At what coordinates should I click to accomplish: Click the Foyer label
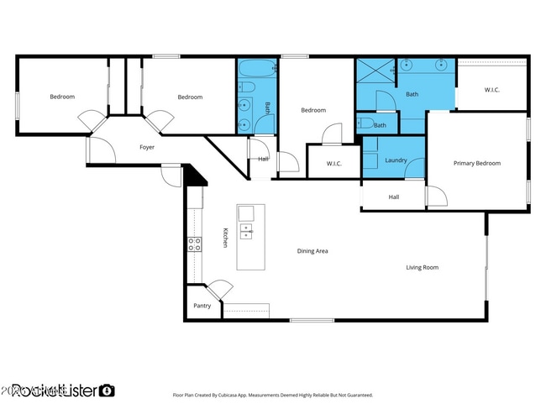[x=146, y=147]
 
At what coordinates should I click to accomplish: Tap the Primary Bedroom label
[x=476, y=163]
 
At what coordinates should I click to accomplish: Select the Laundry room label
[x=396, y=160]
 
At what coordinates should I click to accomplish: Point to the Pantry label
[x=202, y=306]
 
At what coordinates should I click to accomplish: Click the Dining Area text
[x=312, y=251]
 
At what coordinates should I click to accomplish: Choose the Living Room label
[x=422, y=268]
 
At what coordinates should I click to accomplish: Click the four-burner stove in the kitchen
[x=193, y=244]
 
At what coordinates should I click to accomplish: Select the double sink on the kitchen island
[x=246, y=230]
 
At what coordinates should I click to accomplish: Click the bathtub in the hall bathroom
[x=255, y=68]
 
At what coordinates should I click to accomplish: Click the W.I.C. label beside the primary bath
[x=492, y=89]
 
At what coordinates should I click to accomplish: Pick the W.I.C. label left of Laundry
[x=333, y=163]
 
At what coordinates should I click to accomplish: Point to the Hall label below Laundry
[x=393, y=197]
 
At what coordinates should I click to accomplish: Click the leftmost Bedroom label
[x=62, y=97]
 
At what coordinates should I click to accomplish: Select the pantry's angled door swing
[x=220, y=288]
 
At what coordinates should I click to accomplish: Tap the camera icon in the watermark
[x=107, y=390]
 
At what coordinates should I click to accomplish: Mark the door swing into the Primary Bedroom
[x=436, y=197]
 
